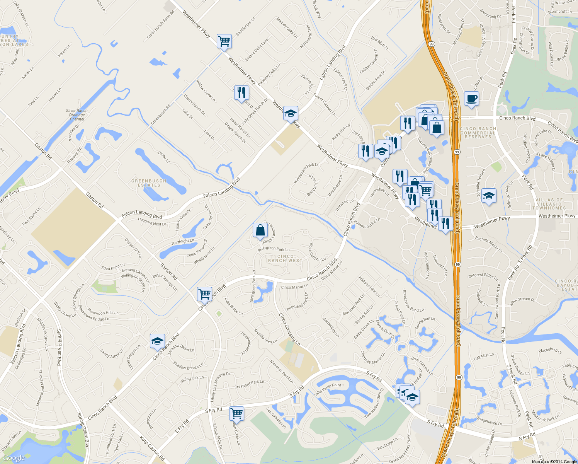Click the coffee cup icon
pyautogui.click(x=471, y=99)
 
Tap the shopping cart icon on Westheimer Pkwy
pyautogui.click(x=224, y=41)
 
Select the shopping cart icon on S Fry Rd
pyautogui.click(x=236, y=413)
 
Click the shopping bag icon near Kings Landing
pyautogui.click(x=260, y=230)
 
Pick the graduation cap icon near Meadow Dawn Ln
pyautogui.click(x=157, y=341)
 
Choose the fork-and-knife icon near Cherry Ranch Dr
pyautogui.click(x=241, y=92)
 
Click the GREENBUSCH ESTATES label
pyautogui.click(x=149, y=183)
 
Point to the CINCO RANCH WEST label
pyautogui.click(x=285, y=258)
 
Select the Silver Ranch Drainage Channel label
pyautogui.click(x=77, y=115)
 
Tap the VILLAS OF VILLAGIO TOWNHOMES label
pyautogui.click(x=549, y=204)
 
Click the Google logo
pyautogui.click(x=14, y=458)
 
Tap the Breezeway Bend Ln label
pyautogui.click(x=413, y=301)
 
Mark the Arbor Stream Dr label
pyautogui.click(x=522, y=301)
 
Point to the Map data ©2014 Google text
pyautogui.click(x=554, y=461)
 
